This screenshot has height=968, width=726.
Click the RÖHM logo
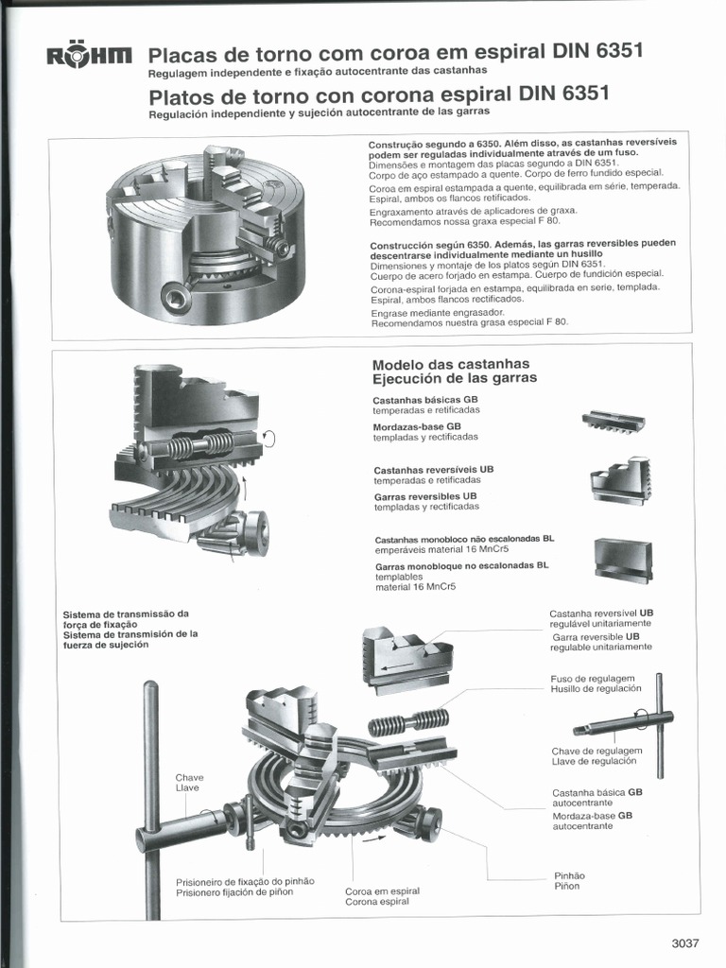point(90,59)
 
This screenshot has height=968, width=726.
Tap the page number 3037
point(684,942)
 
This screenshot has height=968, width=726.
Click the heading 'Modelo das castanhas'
point(451,364)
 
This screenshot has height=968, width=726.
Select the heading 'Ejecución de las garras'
point(455,378)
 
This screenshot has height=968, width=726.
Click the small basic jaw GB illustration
point(614,421)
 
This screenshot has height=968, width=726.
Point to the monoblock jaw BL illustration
point(623,560)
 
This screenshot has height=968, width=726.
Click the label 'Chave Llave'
point(189,783)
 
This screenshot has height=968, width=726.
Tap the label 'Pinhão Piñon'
point(567,880)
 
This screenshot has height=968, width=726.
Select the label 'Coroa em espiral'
point(382,890)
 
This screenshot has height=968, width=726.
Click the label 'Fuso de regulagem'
point(592,679)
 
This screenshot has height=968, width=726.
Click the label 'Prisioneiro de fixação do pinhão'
point(245,881)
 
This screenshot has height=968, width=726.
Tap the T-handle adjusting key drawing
point(629,723)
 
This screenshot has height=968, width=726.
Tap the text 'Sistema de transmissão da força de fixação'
point(126,618)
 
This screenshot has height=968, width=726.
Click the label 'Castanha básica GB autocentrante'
point(596,797)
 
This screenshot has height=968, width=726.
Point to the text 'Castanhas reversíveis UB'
point(434,469)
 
